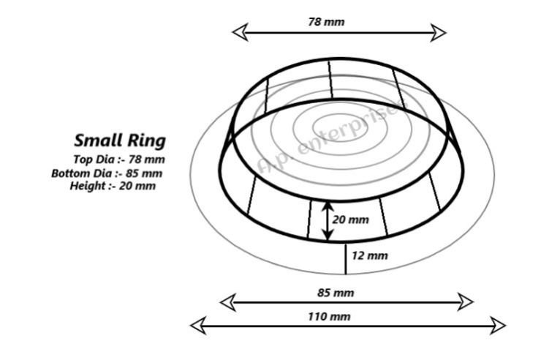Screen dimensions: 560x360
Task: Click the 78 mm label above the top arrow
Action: coord(327,22)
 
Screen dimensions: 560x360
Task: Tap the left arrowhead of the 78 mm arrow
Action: coord(240,32)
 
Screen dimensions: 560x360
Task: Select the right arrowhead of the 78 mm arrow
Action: coord(438,33)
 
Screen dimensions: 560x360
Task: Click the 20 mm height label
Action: coord(350,220)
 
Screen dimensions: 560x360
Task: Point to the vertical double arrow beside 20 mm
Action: coord(328,221)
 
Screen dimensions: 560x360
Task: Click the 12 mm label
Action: coord(370,255)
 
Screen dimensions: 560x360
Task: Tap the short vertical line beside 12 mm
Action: coord(345,259)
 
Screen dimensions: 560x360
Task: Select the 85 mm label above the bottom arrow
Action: coord(336,293)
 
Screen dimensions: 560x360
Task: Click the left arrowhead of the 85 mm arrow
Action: coord(227,302)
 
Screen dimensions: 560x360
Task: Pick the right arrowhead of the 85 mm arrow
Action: coord(466,302)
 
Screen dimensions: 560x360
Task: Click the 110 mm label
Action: coord(329,316)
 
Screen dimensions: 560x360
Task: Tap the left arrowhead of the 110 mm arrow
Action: coord(198,326)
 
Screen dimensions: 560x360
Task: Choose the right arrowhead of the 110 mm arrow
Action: coord(498,326)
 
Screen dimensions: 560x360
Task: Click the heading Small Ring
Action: coord(120,140)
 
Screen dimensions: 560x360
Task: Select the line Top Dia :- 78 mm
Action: coord(119,159)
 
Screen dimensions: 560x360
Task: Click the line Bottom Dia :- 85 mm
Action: coord(107,173)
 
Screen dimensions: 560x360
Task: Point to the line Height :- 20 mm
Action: coord(113,186)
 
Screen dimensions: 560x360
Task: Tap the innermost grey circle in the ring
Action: coord(340,127)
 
